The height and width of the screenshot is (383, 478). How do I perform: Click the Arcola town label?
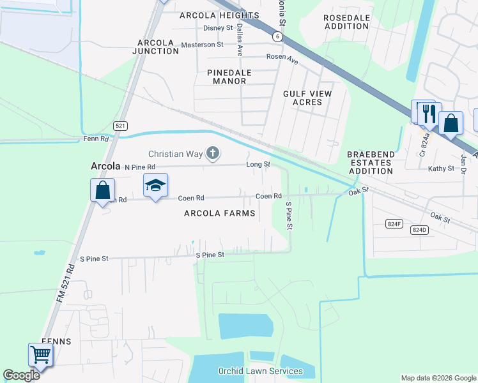[x=105, y=166]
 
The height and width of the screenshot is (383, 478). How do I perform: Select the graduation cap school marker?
[x=155, y=186]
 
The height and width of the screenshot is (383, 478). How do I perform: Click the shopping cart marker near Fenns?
[x=40, y=354]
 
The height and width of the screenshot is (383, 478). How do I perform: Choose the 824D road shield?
[x=419, y=230]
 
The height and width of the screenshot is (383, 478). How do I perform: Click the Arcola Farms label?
[x=219, y=213]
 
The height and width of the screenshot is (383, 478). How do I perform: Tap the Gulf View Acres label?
[x=307, y=98]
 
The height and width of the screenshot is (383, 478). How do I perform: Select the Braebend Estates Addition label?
[x=371, y=163]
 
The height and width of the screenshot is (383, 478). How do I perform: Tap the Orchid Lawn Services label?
[x=260, y=371]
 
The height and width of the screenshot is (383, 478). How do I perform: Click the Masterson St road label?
[x=202, y=45]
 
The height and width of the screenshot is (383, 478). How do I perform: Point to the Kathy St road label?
[x=441, y=169]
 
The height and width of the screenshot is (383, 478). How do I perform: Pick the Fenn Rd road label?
[x=96, y=139]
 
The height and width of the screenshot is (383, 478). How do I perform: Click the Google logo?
[x=21, y=375]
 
